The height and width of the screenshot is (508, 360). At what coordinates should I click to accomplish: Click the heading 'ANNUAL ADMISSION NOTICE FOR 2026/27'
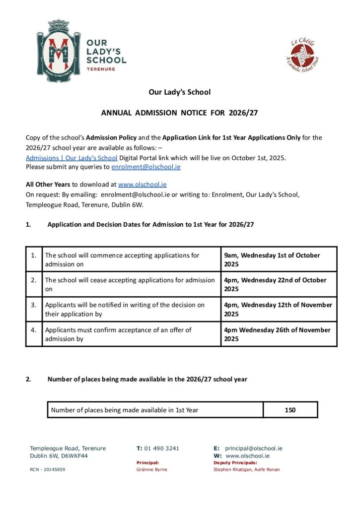(x=180, y=113)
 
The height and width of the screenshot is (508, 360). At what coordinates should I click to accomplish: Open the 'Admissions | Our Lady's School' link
(x=72, y=158)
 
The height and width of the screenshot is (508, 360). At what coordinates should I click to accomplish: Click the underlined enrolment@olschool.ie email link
(x=146, y=167)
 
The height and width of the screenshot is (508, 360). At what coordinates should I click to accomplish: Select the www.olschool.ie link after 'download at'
(x=142, y=185)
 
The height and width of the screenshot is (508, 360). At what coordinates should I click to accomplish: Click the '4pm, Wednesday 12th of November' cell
(x=278, y=309)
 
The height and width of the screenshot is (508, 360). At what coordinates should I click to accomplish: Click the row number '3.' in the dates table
(x=34, y=305)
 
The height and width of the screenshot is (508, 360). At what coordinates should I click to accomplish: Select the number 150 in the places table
(x=290, y=410)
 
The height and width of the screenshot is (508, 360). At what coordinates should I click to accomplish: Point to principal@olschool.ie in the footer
(x=254, y=448)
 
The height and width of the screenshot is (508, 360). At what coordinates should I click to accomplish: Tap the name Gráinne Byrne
(x=152, y=469)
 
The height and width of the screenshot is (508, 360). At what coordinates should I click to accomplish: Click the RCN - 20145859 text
(x=47, y=469)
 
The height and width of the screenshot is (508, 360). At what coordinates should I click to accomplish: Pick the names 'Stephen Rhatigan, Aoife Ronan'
(x=246, y=469)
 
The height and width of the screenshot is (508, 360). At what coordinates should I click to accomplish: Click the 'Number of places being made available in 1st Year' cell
(x=125, y=410)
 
